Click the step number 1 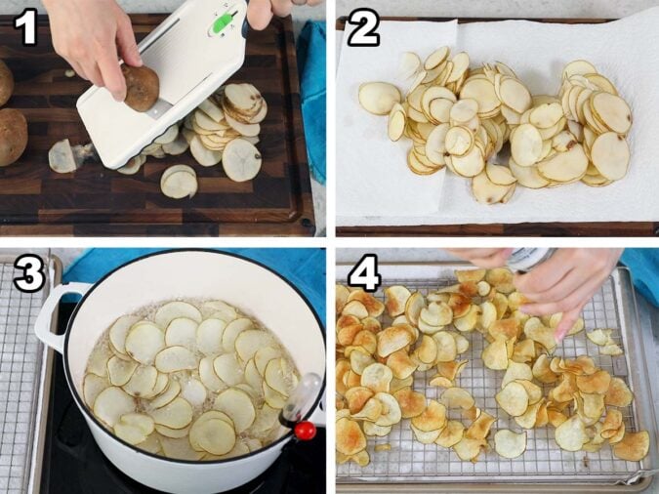25,28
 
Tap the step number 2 362,29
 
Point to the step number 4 363,274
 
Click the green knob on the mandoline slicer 225,21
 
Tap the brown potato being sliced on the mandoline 141,88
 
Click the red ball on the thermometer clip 305,430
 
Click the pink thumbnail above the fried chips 560,332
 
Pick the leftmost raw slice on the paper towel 378,98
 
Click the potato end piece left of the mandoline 63,156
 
